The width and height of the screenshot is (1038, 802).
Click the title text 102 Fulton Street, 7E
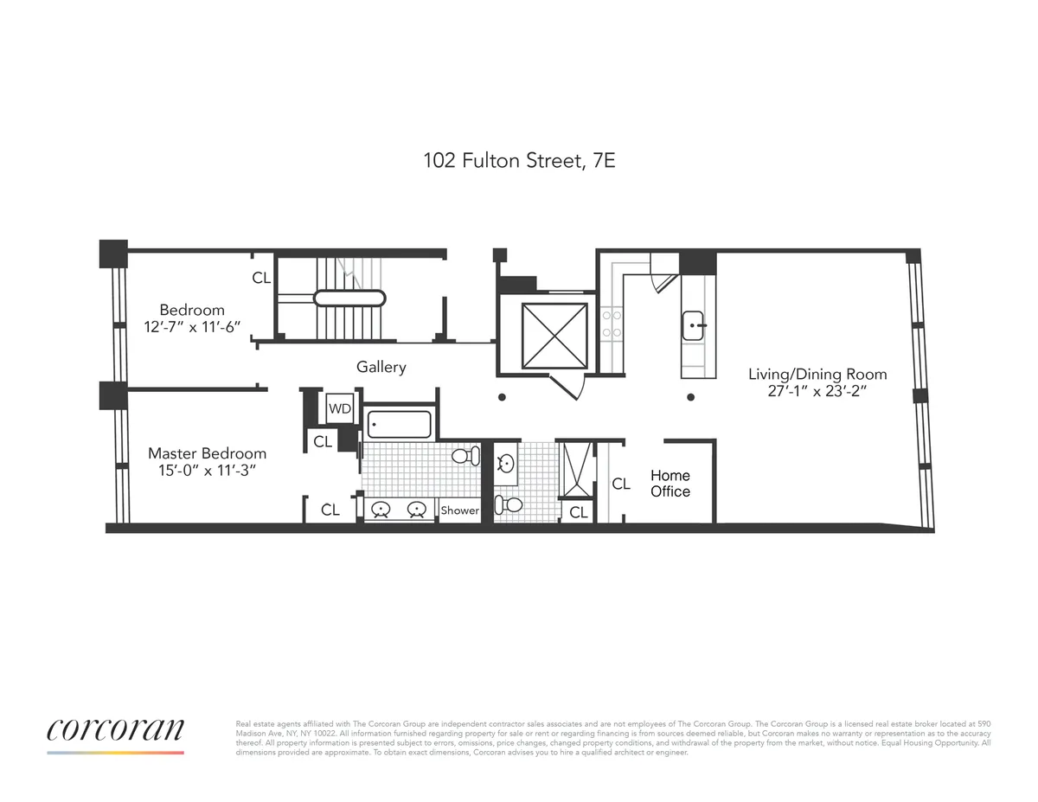tap(519, 160)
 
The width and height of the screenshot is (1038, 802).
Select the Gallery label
tap(381, 368)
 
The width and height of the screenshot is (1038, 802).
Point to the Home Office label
tap(670, 484)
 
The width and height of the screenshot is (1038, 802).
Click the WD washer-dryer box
tap(340, 407)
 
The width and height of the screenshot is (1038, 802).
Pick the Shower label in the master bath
tap(459, 510)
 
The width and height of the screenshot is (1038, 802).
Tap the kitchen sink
tap(695, 326)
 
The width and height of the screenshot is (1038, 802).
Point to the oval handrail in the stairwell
tap(349, 298)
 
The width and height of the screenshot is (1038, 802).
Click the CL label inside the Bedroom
tap(261, 279)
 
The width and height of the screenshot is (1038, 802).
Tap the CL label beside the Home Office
tap(621, 484)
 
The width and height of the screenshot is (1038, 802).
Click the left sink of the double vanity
tap(381, 510)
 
